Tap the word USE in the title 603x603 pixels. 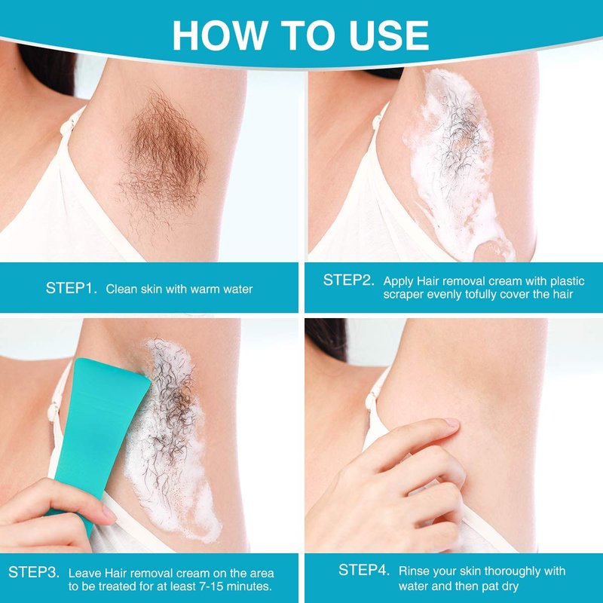[x=389, y=35]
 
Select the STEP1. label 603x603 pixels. [x=72, y=288]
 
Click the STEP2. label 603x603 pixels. [x=348, y=280]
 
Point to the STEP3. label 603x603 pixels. [x=34, y=572]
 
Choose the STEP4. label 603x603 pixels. [x=364, y=570]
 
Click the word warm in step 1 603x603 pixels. [x=205, y=289]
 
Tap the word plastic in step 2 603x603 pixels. [x=568, y=281]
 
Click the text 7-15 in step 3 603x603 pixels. [x=205, y=586]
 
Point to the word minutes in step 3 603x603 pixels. [x=247, y=586]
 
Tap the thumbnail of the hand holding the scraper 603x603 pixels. [x=108, y=513]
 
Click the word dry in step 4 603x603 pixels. [x=510, y=587]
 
